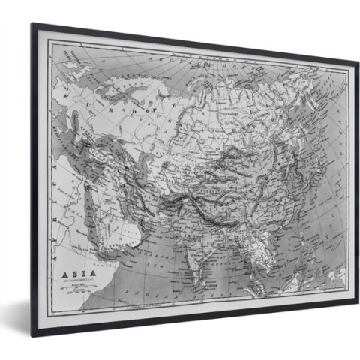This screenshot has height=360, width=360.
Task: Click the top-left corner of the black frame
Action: pos(32,25)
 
